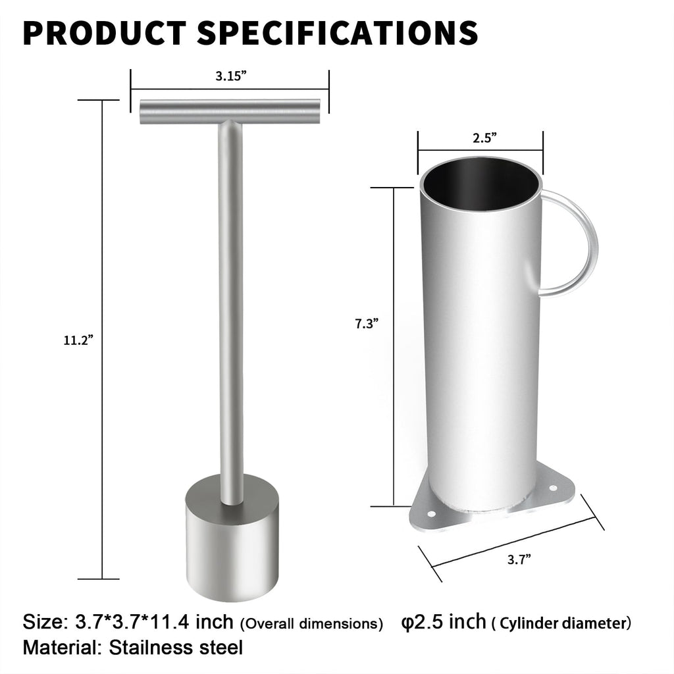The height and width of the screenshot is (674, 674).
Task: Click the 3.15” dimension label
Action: [231, 76]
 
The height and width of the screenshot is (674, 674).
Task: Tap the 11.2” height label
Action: [78, 340]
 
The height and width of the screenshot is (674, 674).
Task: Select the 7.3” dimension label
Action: [366, 323]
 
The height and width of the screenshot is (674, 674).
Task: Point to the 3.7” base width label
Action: [519, 559]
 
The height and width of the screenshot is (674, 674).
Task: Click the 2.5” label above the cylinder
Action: [484, 138]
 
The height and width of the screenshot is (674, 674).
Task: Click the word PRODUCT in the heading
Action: [105, 32]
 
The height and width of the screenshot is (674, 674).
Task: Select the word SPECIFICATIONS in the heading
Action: [338, 32]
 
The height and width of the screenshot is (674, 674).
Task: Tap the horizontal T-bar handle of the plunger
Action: [230, 111]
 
